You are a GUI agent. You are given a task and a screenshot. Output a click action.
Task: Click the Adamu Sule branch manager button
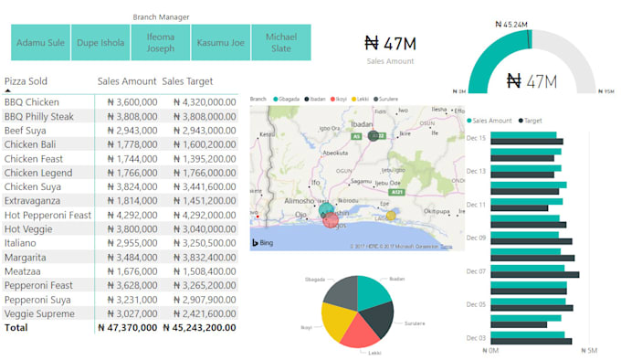tap(41, 43)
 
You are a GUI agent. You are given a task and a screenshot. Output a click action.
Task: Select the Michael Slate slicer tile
tap(280, 43)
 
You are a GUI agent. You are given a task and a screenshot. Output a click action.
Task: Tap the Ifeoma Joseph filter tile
tap(161, 43)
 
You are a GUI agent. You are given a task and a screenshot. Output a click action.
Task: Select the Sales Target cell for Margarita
tap(199, 258)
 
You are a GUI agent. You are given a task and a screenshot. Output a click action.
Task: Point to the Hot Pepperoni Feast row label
tap(47, 215)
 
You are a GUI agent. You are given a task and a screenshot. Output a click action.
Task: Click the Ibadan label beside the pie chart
tap(396, 279)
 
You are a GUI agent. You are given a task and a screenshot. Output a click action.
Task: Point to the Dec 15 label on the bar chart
tap(476, 138)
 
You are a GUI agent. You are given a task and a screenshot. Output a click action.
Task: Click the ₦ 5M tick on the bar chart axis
tap(591, 350)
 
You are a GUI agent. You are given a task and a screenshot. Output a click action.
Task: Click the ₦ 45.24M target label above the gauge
tap(510, 24)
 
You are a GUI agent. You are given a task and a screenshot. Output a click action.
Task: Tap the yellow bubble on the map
tap(391, 216)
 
